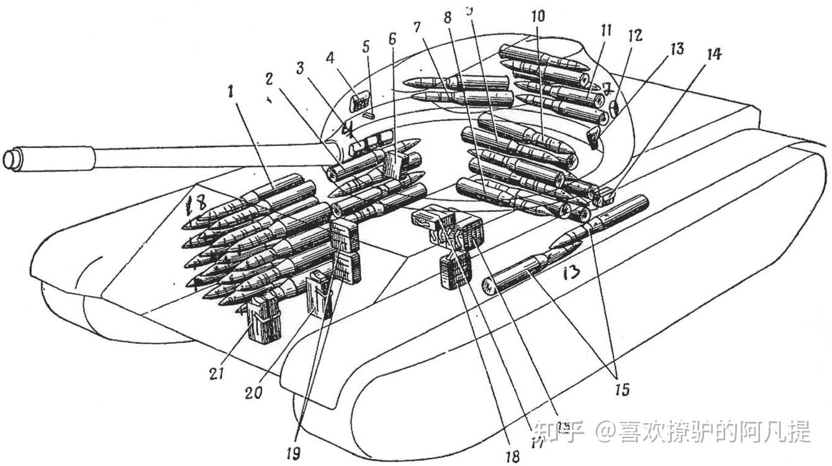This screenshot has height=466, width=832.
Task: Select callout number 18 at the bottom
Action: [x=512, y=455]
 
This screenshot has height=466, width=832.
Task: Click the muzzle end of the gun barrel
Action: [x=11, y=158]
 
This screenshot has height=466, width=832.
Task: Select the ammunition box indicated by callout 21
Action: [x=263, y=320]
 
